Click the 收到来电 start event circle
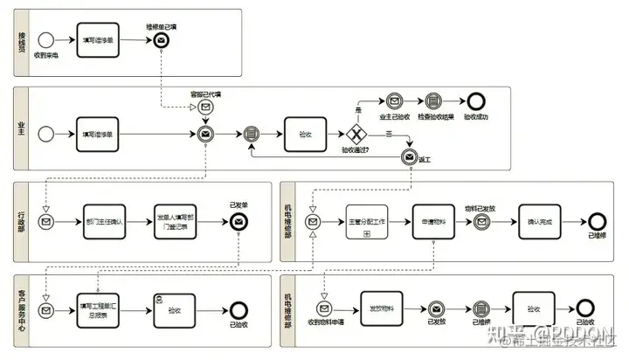click(46, 39)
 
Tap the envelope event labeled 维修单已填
click(162, 41)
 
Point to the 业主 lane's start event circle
click(46, 134)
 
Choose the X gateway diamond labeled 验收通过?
click(356, 135)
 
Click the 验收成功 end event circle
click(475, 102)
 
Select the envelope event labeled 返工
click(409, 157)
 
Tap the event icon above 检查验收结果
click(434, 102)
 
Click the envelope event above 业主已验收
click(394, 102)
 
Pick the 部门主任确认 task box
click(106, 222)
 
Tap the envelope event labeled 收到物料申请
click(323, 308)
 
